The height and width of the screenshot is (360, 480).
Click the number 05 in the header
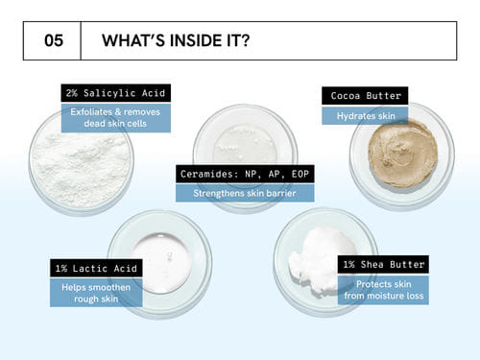point(54,40)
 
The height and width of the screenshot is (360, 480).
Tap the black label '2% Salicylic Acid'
point(116,93)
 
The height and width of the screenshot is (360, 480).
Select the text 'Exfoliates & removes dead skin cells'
point(116,118)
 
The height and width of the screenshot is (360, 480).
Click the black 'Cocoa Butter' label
point(365,96)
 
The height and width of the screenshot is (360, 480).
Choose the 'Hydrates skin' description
point(365,115)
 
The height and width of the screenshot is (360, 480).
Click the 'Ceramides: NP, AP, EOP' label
point(245,174)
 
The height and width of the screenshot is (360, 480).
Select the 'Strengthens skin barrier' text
point(245,193)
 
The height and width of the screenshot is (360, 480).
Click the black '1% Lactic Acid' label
point(96,268)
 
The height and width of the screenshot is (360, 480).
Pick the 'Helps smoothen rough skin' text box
point(96,293)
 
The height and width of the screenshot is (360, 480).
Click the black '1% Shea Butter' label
point(383,264)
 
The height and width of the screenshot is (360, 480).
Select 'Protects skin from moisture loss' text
point(383,290)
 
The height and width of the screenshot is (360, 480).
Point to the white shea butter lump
point(320,259)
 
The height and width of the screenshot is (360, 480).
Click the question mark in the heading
point(245,40)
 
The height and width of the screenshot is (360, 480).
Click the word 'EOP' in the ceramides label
point(300,174)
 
